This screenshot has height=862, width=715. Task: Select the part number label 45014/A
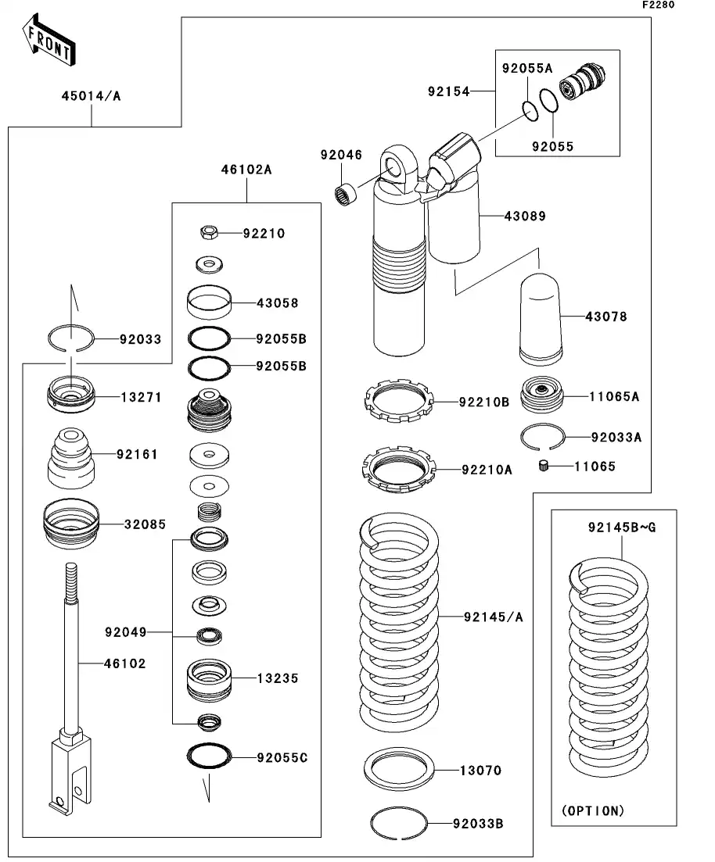coord(92,97)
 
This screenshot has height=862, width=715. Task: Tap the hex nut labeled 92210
coord(208,232)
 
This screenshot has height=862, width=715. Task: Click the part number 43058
coord(278,302)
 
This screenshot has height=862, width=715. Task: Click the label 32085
coord(144,524)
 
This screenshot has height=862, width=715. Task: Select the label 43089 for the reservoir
coord(526,216)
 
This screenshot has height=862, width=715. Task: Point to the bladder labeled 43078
coord(541,317)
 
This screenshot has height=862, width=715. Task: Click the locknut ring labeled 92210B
coord(399,402)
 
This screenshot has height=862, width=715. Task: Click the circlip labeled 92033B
coord(398,822)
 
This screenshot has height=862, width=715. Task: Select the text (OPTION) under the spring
coord(593,810)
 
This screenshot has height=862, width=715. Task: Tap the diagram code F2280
coord(658,5)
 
